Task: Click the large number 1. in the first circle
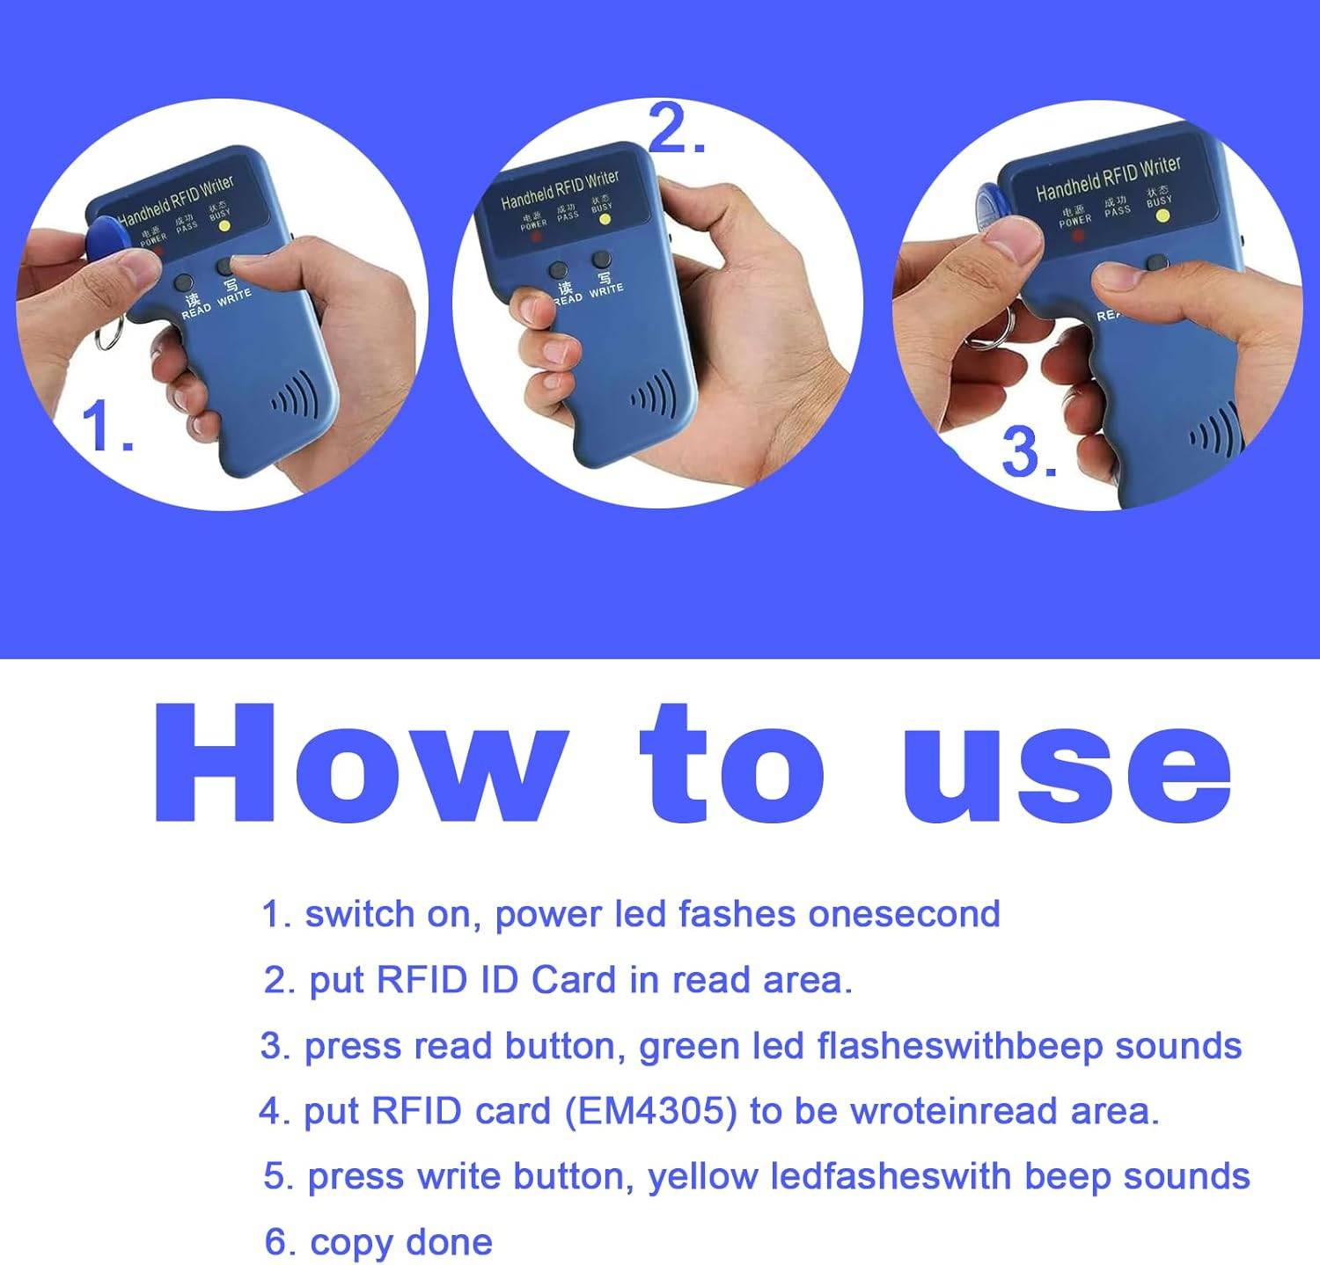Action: tap(107, 427)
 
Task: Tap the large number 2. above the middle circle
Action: tap(676, 129)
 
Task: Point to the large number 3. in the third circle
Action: tap(1029, 454)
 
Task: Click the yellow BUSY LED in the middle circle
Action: tap(605, 219)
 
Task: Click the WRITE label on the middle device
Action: tap(606, 289)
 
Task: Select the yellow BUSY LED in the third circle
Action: tap(1162, 216)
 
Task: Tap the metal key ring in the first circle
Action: tap(110, 334)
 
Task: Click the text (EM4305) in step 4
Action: tap(650, 1111)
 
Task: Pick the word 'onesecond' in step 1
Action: tap(904, 914)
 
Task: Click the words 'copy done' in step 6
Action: tap(400, 1242)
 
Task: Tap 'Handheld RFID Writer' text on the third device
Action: tap(1108, 178)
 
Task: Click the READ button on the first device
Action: tap(184, 283)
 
